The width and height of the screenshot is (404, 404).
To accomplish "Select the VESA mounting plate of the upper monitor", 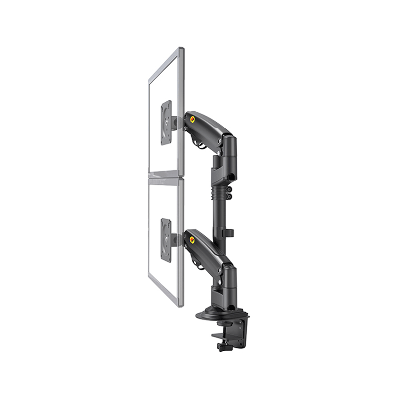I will (x=166, y=123).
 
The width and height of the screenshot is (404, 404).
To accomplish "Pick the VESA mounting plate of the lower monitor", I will (x=166, y=240).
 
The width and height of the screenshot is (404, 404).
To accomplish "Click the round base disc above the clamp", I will (x=213, y=315).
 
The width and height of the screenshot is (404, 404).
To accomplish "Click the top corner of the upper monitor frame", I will (x=181, y=48).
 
